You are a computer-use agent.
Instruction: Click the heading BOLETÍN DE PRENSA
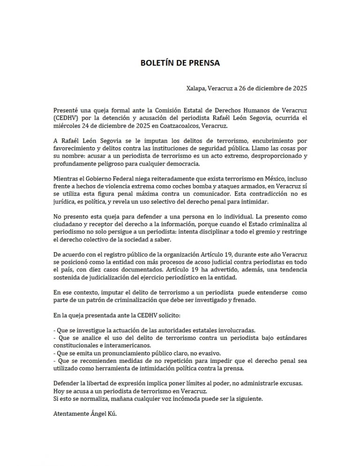[180, 62]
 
